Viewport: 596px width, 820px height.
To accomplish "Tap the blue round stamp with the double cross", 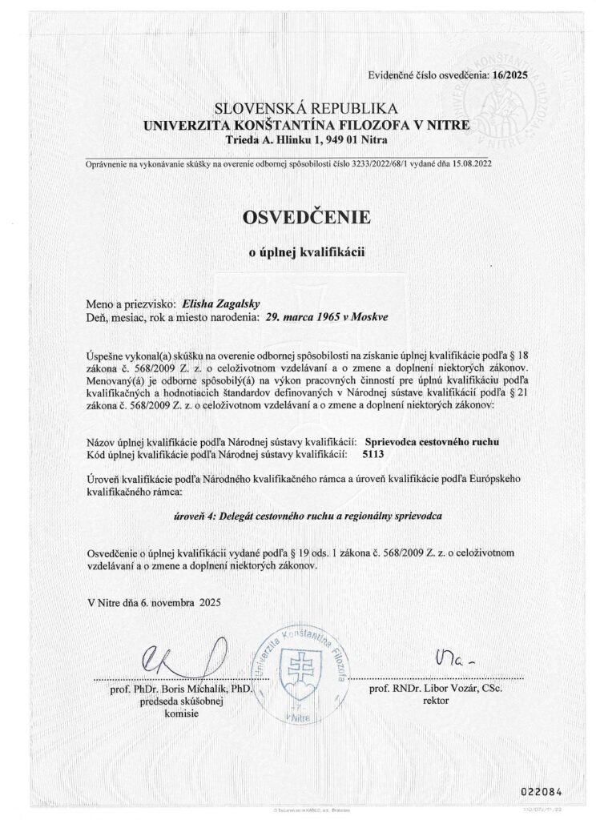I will [x=297, y=666].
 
